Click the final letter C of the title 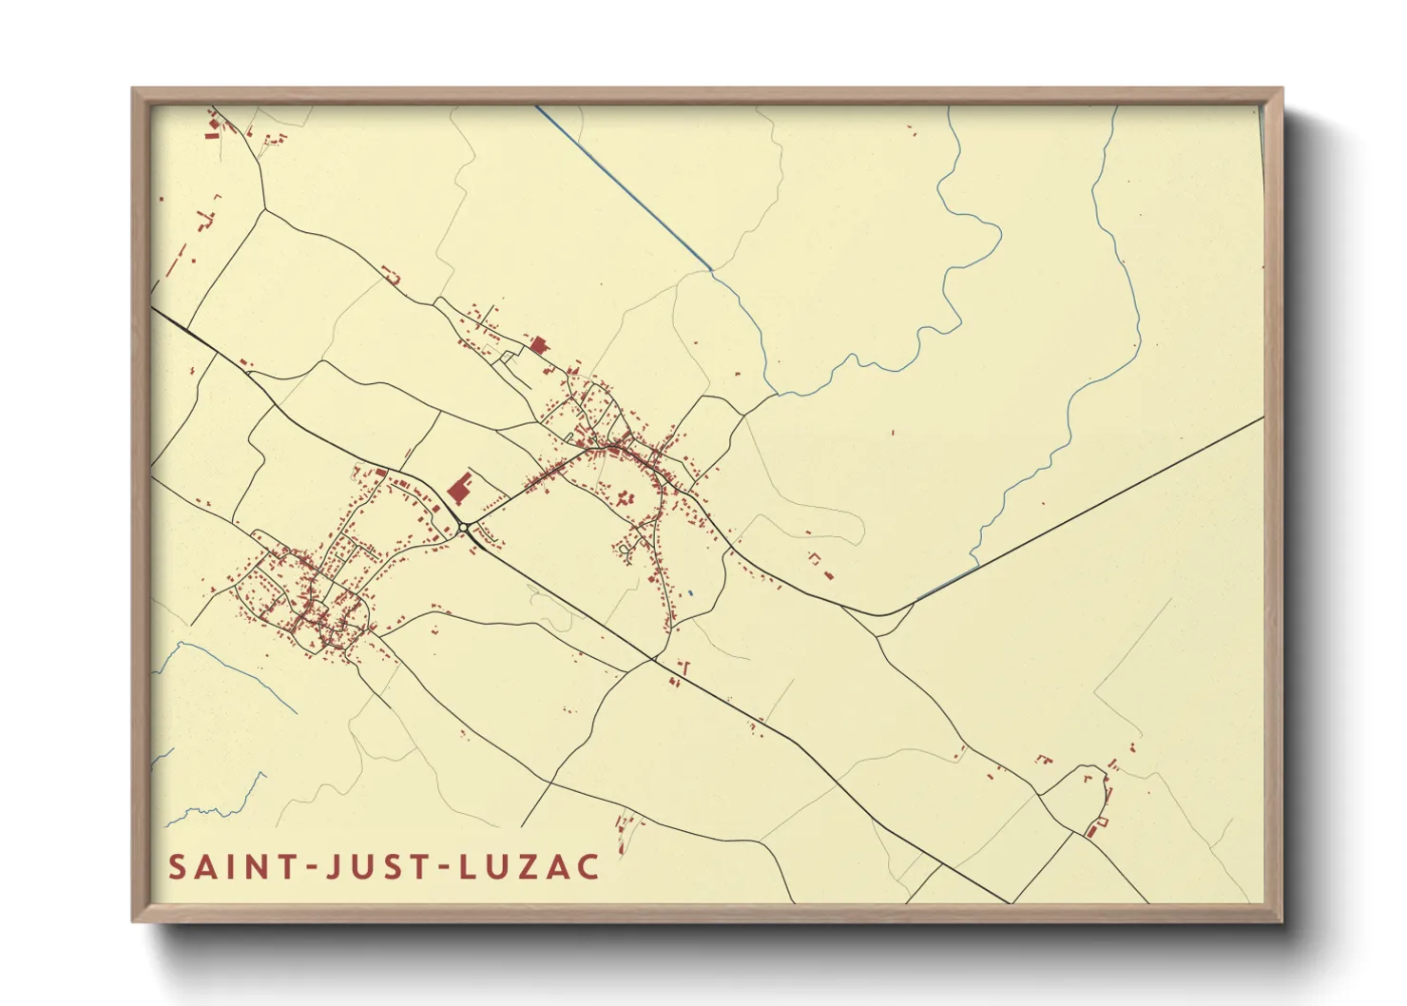pos(589,867)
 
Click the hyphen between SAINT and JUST pos(305,868)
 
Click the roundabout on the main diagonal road pos(463,528)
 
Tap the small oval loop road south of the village pos(625,549)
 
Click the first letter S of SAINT pos(177,867)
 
